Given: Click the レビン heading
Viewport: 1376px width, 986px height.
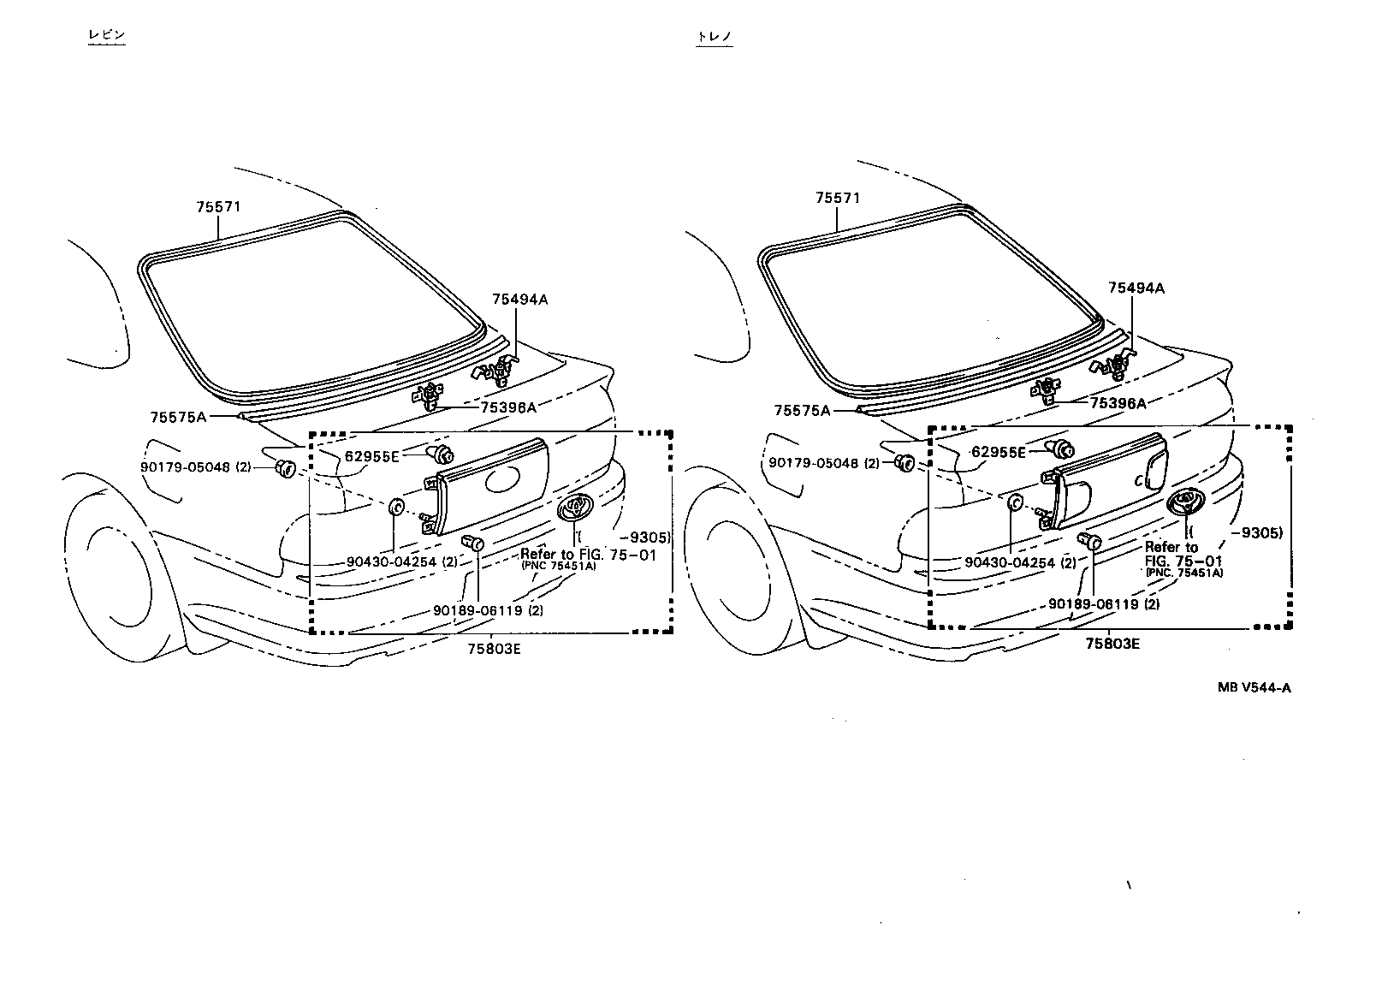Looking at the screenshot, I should click(107, 36).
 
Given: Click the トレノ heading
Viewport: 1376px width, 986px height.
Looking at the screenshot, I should click(715, 37).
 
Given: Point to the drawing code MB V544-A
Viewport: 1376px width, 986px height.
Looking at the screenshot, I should click(1254, 686).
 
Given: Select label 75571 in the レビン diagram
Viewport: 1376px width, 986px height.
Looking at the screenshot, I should click(218, 206).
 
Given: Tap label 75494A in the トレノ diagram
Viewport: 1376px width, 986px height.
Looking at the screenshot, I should click(1136, 288).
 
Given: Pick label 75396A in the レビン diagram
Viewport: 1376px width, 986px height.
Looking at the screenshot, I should click(507, 407).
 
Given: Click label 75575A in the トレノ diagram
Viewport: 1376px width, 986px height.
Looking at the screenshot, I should click(802, 411).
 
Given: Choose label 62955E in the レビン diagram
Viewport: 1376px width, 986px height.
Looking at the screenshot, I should click(371, 456).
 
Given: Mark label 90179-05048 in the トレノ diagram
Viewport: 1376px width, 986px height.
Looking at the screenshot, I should click(813, 462).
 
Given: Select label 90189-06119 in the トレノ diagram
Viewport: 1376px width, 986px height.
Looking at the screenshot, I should click(1095, 603).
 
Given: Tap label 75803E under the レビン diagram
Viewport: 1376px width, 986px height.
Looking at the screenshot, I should click(494, 648).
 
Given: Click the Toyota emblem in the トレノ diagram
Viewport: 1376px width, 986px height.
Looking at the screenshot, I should click(1186, 504).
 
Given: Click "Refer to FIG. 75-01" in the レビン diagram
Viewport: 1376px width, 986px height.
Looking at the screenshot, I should click(588, 554).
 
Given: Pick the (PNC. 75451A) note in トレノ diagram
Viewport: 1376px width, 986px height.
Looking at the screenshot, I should click(1183, 573).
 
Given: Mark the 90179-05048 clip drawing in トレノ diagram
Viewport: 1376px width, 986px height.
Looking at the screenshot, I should click(903, 462).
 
